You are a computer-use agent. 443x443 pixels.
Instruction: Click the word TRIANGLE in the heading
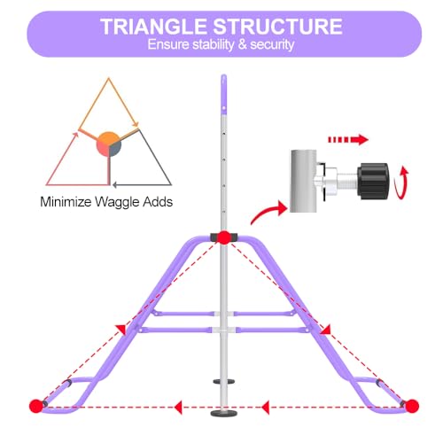(x=153, y=27)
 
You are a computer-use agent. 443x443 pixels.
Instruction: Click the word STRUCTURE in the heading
(x=277, y=27)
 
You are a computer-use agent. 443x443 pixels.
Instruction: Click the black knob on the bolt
(x=373, y=181)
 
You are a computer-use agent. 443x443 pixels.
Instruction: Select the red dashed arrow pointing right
(x=348, y=139)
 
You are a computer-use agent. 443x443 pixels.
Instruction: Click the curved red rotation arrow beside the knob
(x=402, y=183)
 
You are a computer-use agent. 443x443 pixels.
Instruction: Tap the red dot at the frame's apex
(x=224, y=237)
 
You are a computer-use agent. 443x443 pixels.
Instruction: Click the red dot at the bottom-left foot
(x=36, y=406)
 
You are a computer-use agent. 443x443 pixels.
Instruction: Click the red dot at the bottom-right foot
(x=412, y=406)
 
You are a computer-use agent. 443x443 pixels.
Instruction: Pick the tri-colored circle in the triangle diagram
(x=109, y=144)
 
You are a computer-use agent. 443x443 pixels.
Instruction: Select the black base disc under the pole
(x=223, y=413)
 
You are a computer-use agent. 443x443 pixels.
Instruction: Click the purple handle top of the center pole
(x=224, y=94)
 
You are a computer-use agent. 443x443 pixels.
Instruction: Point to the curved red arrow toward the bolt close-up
(x=268, y=212)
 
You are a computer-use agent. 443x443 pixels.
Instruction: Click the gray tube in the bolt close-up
(x=303, y=181)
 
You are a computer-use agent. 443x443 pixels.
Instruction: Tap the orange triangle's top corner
(x=109, y=78)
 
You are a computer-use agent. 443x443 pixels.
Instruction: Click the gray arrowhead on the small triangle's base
(x=115, y=185)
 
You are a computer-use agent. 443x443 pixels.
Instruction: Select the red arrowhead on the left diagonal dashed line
(x=120, y=330)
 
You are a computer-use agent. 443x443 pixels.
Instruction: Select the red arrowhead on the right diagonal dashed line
(x=325, y=330)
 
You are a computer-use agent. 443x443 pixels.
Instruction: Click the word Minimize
(x=66, y=203)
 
